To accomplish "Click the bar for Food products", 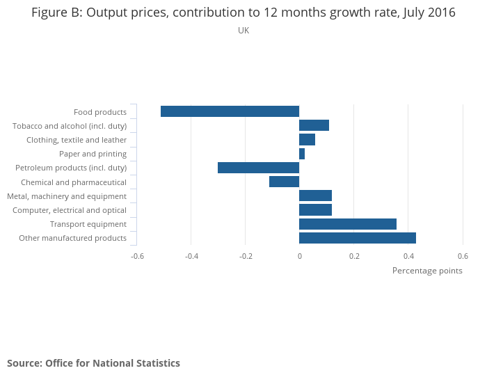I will [230, 111].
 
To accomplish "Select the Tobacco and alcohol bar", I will [314, 125].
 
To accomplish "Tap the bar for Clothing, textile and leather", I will [307, 140].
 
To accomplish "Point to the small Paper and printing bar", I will [302, 154].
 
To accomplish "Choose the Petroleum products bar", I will [258, 168].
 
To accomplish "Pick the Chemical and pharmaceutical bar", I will [284, 182].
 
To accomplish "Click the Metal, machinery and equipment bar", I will [315, 196].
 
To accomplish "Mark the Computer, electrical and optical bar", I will [315, 210].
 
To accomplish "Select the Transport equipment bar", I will [348, 224].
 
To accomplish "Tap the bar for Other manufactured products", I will [358, 238].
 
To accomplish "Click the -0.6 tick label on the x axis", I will [137, 255].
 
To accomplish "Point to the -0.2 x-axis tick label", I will [246, 255].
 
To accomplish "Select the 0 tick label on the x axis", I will [299, 255].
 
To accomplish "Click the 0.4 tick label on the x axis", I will [408, 255].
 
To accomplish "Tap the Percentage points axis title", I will [427, 271].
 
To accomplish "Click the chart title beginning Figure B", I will [243, 13].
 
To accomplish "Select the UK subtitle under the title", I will [243, 31].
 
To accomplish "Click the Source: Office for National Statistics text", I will [93, 363].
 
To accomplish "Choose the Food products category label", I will [100, 112].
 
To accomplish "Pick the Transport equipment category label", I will [88, 224].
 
